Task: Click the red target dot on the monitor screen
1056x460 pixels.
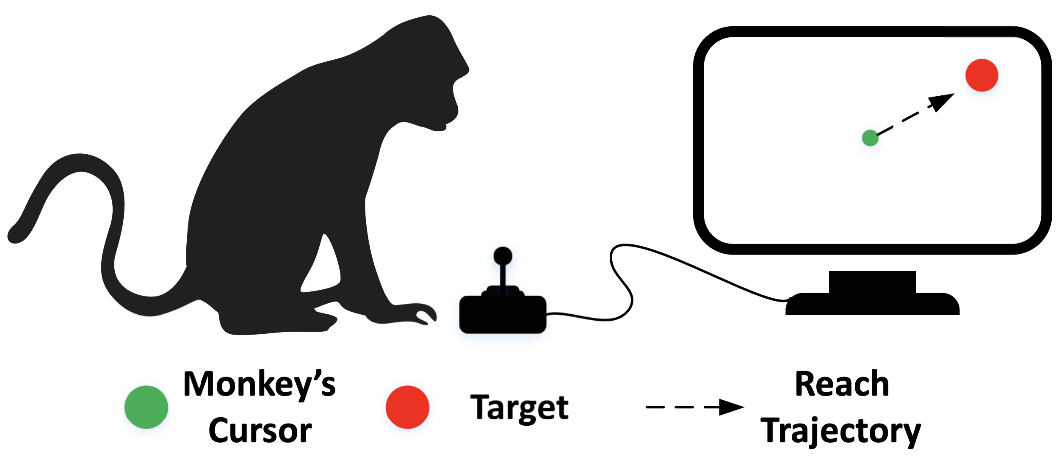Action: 981,75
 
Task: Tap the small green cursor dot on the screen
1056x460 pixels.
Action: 870,138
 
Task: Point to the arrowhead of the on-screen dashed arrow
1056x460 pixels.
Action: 942,102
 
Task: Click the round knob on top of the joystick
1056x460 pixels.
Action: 503,255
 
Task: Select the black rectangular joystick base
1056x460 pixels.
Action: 503,314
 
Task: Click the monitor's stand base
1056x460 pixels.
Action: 872,304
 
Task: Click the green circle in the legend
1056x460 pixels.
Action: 146,407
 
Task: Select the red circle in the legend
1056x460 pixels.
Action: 407,407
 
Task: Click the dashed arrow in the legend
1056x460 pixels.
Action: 694,407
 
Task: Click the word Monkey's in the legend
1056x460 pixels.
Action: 260,384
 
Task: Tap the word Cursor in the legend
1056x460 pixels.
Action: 260,431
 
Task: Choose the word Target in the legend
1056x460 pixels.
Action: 519,407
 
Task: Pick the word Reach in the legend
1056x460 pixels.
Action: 842,384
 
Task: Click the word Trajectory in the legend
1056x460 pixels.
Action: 840,431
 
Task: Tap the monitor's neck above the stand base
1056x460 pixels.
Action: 872,282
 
